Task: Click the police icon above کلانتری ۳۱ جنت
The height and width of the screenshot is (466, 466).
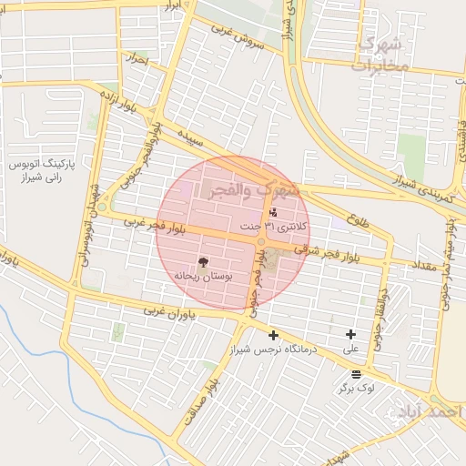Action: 273,212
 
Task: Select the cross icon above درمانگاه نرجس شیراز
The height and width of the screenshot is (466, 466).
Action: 273,335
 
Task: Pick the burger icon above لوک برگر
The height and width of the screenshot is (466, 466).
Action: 355,374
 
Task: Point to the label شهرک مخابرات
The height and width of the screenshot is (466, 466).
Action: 380,55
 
